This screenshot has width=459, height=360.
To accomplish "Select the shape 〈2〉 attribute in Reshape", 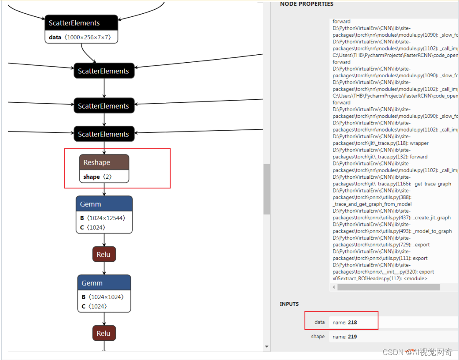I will coord(98,177).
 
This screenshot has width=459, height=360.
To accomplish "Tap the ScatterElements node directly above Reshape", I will coord(104,134).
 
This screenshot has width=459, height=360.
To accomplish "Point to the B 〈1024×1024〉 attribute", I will coord(103,297).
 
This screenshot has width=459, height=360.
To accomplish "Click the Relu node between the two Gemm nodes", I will coord(104,254).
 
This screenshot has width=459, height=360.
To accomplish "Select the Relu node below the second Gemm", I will coord(104,333).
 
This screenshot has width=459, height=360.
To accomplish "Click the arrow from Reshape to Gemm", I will coord(104,190).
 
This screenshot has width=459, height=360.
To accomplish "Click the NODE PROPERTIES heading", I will coord(307,4).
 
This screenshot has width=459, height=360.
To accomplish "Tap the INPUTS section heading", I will coord(289,304).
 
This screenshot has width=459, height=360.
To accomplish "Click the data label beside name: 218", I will coord(320,322).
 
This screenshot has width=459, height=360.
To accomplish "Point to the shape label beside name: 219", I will coord(318,337).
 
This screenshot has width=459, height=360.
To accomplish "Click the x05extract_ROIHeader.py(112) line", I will coord(380,279).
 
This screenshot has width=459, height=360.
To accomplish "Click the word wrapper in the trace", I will coord(419,143).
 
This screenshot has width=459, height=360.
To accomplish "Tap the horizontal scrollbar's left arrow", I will coord(333,287).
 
